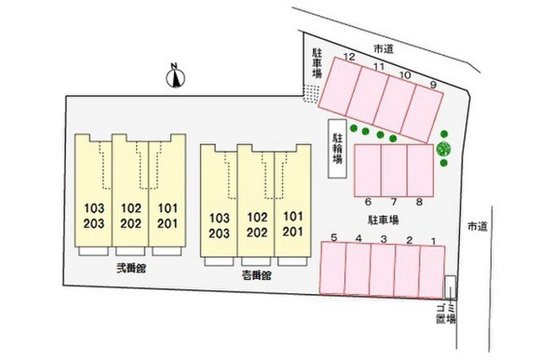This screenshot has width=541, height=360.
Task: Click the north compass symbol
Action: [176, 76]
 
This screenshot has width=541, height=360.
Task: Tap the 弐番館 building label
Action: [131, 268]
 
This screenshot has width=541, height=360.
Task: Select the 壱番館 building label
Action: [256, 275]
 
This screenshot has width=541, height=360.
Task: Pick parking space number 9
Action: [423, 113]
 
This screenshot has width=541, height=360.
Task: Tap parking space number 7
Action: [394, 171]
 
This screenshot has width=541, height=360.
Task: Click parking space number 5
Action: [333, 268]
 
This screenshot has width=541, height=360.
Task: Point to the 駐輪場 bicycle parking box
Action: [337, 149]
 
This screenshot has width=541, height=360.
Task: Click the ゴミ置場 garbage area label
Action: [445, 314]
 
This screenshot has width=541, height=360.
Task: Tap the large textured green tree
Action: [443, 149]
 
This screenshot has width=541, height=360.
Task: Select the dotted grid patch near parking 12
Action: [311, 94]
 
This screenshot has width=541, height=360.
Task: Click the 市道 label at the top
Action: [383, 49]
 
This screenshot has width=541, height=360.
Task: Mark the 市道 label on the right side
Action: [478, 226]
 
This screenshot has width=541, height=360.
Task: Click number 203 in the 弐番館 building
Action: [94, 224]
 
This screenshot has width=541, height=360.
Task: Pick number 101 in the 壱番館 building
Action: [293, 216]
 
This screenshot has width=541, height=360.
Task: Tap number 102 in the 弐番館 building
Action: [131, 208]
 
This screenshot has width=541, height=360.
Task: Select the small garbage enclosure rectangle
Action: [451, 287]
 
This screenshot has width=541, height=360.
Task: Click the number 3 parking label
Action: [384, 239]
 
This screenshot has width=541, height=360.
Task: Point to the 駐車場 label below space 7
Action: [383, 220]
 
